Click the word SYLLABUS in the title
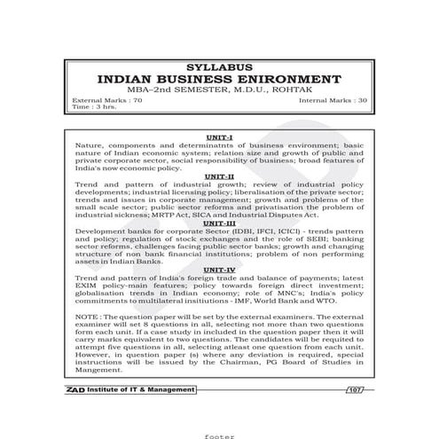[219, 67]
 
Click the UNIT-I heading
[218, 137]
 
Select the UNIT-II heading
[218, 176]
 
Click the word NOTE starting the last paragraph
[88, 317]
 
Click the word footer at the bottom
[218, 434]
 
